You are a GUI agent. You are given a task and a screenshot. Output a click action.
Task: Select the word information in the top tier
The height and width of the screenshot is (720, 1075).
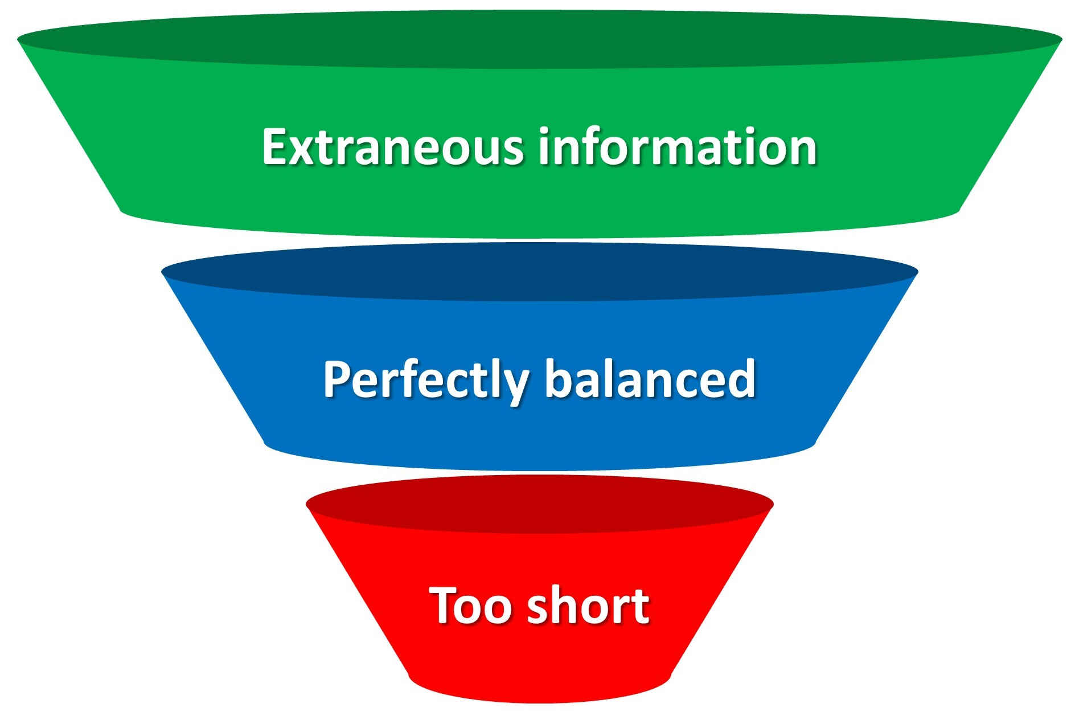point(678,147)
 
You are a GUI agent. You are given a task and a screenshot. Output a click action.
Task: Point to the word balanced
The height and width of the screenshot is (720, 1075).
point(650,379)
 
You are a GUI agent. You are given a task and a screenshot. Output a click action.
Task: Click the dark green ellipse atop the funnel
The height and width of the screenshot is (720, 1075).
point(539,40)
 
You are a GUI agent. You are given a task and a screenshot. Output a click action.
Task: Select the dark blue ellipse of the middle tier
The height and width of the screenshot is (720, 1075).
point(539,272)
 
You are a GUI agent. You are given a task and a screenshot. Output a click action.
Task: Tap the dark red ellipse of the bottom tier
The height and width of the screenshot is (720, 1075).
point(539,504)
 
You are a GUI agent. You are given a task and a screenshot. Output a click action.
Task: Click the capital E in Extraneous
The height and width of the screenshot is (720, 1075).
point(274,147)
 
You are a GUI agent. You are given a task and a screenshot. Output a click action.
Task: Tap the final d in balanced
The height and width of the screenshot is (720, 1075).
point(742,379)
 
